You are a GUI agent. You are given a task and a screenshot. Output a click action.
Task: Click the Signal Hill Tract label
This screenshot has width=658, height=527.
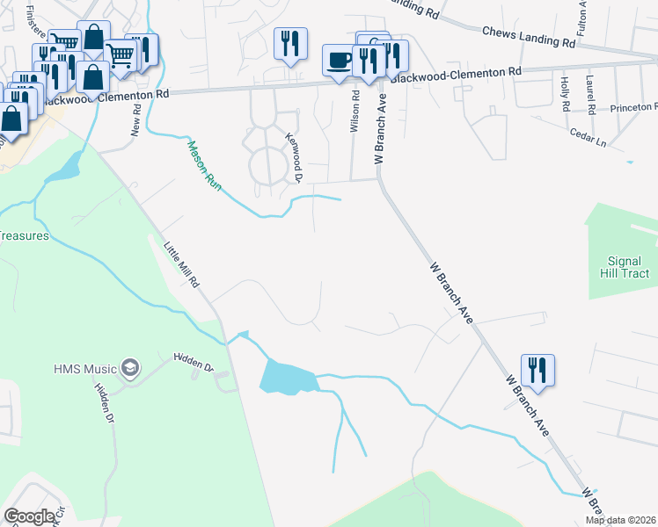pos(629,267)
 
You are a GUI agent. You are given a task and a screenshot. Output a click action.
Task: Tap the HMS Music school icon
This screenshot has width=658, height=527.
pos(131,366)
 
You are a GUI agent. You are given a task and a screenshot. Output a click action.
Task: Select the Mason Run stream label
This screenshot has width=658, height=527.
pos(201,164)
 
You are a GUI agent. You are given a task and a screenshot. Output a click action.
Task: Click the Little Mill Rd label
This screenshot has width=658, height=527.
pos(183,264)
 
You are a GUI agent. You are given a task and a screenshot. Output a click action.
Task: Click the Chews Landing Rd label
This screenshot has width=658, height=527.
pos(529,37)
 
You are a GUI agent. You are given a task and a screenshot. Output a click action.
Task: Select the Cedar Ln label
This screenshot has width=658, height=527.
pos(589,138)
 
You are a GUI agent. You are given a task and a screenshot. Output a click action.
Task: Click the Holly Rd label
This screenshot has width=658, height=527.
pos(565,94)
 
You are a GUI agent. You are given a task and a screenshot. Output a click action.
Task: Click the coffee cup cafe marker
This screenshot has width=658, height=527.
pos(338,61)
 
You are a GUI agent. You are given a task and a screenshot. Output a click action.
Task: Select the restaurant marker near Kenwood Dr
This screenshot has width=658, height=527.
pos(290,43)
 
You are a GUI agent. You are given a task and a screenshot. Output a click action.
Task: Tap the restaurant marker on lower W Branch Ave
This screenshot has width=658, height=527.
pos(537,370)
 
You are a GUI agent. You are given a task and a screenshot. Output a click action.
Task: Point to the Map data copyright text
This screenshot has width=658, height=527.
pos(621,520)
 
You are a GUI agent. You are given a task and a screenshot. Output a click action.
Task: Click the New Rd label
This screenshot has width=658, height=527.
pos(136,121)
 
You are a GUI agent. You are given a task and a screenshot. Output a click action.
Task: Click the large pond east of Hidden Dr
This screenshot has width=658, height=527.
pos(287,378)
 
